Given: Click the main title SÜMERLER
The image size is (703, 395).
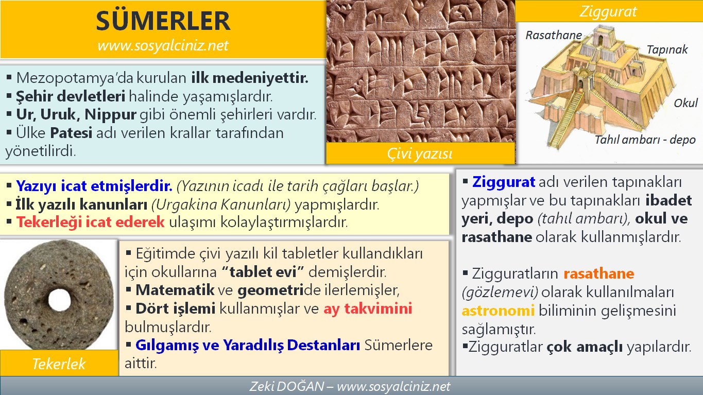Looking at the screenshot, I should pos(163,22).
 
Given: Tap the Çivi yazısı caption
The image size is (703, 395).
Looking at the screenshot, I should pos(420,154).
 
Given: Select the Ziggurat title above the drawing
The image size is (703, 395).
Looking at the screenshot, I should pos(608,11).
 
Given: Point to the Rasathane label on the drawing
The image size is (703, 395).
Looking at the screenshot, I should pos(554,35).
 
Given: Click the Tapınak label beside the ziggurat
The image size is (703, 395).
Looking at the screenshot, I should pos(667,49).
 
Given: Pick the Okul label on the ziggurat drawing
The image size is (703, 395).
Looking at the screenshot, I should pos(685,103).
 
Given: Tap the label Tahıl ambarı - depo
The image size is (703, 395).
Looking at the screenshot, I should pos(645,140).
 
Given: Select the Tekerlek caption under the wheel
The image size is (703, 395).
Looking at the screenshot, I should pos(59,364).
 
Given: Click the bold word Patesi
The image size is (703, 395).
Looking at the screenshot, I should pos(71,133).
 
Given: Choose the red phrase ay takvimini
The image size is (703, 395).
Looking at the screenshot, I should pos(368,309).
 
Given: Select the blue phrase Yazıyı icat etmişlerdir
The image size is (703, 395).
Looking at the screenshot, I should pos(94,185).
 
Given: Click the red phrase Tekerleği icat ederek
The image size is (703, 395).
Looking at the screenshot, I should pos(90,222).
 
